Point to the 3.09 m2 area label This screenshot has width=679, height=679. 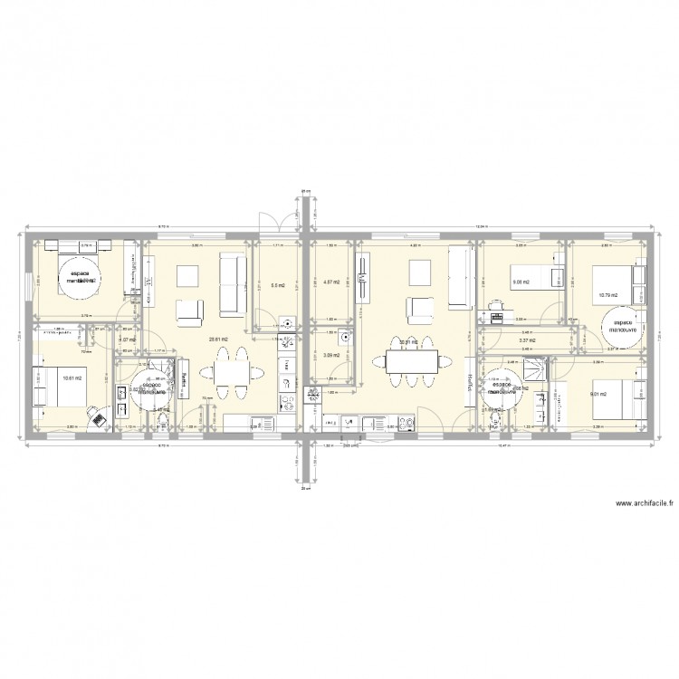pyautogui.click(x=331, y=356)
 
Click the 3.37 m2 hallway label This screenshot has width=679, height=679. pyautogui.click(x=526, y=340)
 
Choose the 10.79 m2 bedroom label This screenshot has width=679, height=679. pyautogui.click(x=606, y=293)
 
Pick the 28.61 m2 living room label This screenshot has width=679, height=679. pyautogui.click(x=218, y=339)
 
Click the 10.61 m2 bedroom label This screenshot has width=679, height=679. pyautogui.click(x=72, y=378)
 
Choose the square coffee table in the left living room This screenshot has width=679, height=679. pyautogui.click(x=189, y=277)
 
